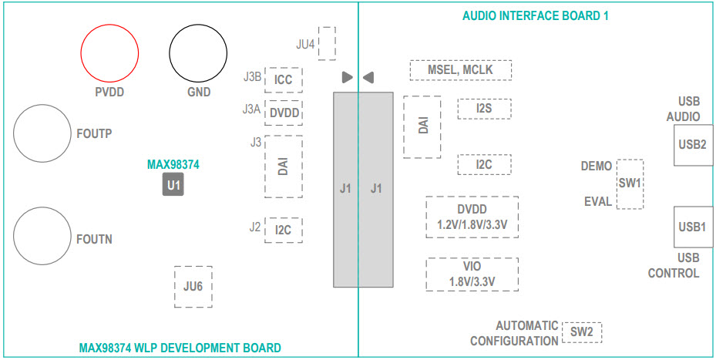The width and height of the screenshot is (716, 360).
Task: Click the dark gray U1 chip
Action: click(x=173, y=185)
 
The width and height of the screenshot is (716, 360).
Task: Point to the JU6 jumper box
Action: click(x=193, y=287)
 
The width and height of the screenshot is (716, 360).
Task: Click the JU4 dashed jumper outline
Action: click(x=327, y=43)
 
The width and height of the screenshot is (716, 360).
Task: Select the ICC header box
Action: click(x=283, y=79)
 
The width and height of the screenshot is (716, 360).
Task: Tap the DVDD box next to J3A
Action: click(x=284, y=113)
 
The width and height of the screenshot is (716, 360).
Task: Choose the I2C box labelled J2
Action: click(x=283, y=230)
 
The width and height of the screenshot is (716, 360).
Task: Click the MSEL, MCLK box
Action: click(x=460, y=70)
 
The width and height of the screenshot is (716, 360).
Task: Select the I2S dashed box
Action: click(x=483, y=109)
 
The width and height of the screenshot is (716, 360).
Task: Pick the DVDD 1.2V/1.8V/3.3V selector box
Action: click(x=472, y=217)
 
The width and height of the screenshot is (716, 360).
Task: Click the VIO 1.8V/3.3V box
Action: click(x=472, y=274)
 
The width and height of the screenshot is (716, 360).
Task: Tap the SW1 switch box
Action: click(x=630, y=184)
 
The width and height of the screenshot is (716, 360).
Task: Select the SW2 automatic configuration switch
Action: click(x=581, y=332)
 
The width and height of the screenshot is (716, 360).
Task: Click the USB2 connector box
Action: click(x=692, y=145)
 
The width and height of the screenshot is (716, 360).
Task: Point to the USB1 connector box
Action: click(x=692, y=227)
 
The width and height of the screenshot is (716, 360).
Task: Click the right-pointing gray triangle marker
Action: click(x=347, y=77)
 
